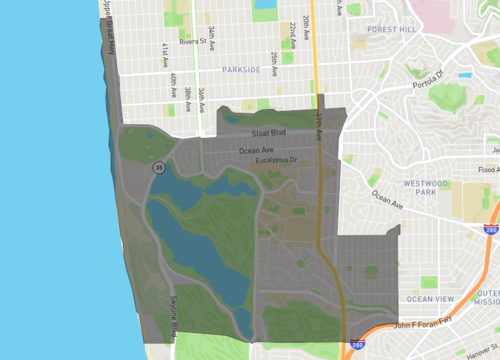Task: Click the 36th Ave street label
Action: coord(201,97)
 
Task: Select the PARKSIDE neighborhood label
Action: coord(241,70)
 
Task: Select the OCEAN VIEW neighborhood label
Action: coord(430,299)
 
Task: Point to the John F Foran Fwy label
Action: coord(429,324)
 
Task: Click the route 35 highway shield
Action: coord(157,167)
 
